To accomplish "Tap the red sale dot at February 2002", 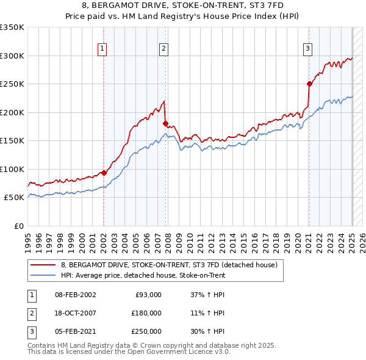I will pos(104,173).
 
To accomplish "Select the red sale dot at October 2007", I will pos(165,123).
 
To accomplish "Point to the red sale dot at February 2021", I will pos(309,84).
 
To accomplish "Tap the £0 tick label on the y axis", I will pos(18,226).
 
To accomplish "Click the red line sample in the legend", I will pos(44,265).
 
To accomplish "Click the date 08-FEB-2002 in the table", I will pos(75,295).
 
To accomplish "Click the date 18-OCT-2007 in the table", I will pos(75,313).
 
